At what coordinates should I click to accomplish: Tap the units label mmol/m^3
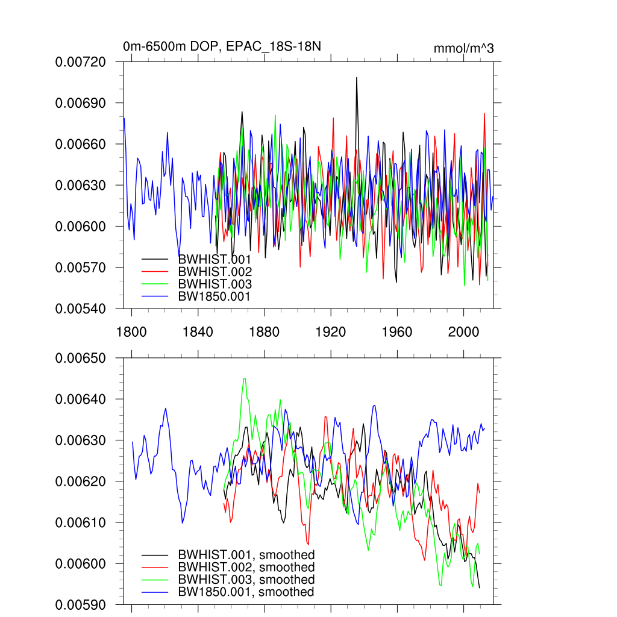tap(463, 48)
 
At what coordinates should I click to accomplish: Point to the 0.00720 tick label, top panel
tap(81, 61)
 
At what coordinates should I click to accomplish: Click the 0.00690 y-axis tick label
tap(81, 103)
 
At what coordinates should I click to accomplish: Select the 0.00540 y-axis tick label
tap(81, 308)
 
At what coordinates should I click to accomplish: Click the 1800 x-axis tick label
tap(131, 333)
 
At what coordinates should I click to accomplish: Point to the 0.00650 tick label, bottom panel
tap(81, 358)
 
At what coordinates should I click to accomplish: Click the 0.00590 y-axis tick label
tap(81, 604)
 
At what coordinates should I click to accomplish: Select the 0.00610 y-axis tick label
tap(81, 522)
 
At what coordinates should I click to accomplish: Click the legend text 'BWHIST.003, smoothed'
tap(246, 580)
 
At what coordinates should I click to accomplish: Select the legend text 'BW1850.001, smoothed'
tap(246, 592)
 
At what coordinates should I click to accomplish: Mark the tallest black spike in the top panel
tap(357, 78)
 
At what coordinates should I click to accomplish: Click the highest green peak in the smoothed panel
tap(244, 378)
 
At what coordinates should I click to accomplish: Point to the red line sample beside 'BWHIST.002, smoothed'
tap(155, 568)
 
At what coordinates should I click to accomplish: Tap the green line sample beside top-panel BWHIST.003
tap(155, 284)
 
